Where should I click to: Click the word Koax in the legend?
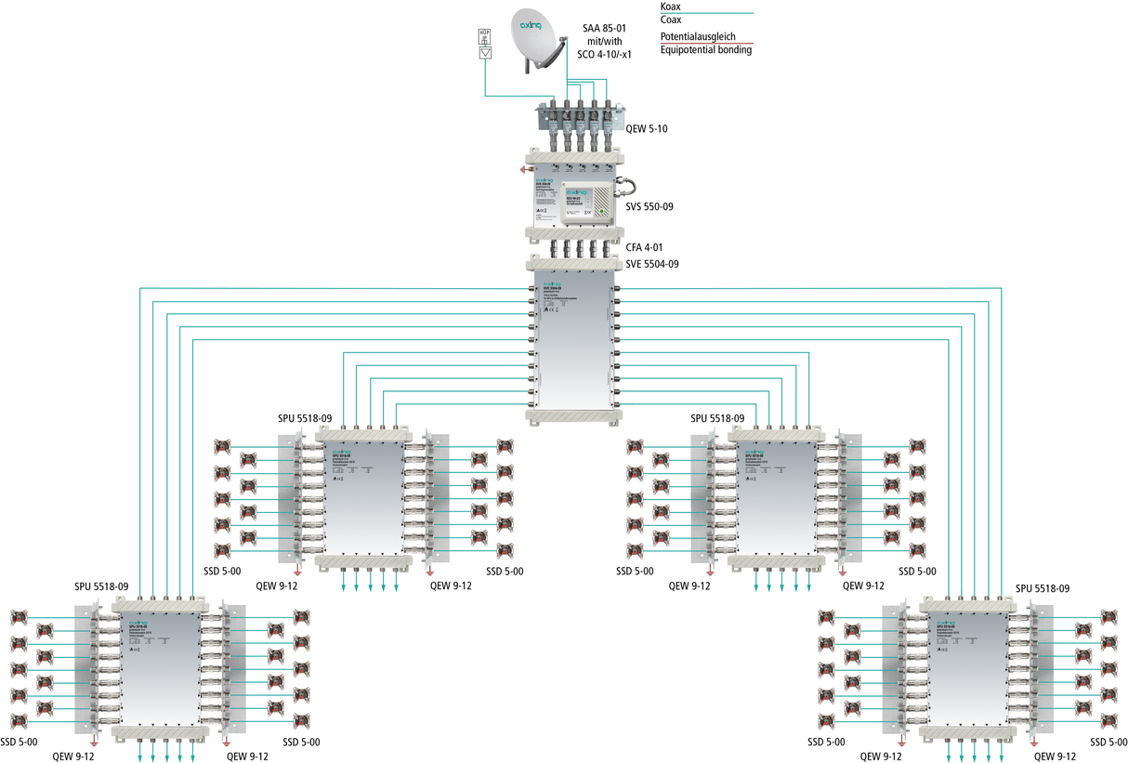[671, 7]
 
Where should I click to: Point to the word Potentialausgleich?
[703, 37]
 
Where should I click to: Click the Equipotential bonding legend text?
[705, 50]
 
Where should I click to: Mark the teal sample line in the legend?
[725, 13]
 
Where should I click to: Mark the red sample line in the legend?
[725, 44]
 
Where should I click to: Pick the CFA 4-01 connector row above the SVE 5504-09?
[573, 249]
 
